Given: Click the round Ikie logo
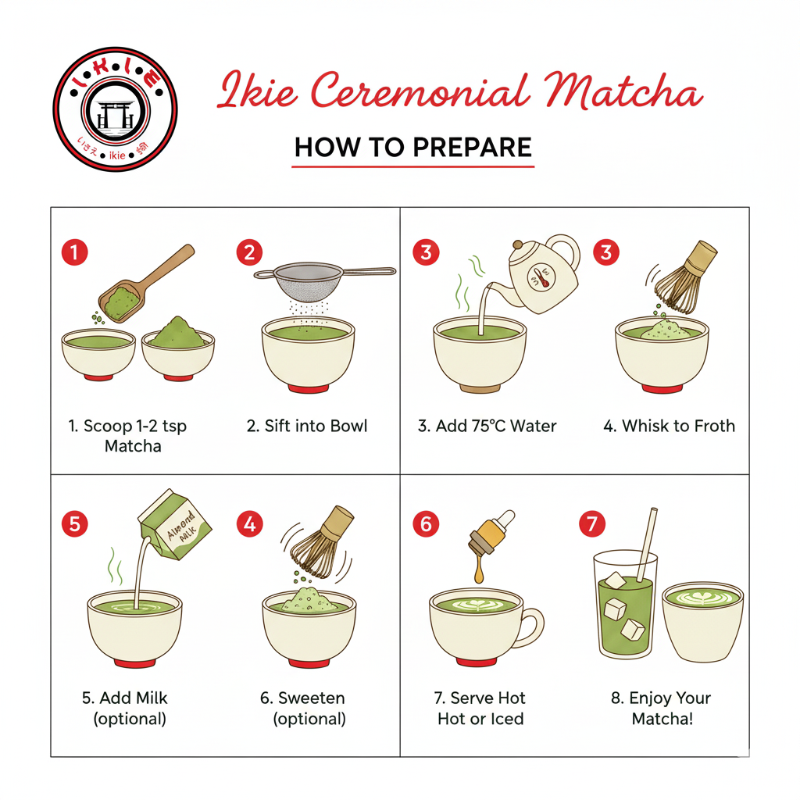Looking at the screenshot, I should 115,109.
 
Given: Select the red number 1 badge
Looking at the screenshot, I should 74,252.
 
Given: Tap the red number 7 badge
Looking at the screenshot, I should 592,523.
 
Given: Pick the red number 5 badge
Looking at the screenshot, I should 74,523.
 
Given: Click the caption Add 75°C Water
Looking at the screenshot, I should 487,427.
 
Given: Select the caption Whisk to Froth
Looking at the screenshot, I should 669,427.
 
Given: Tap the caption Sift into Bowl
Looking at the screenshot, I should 307,427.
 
